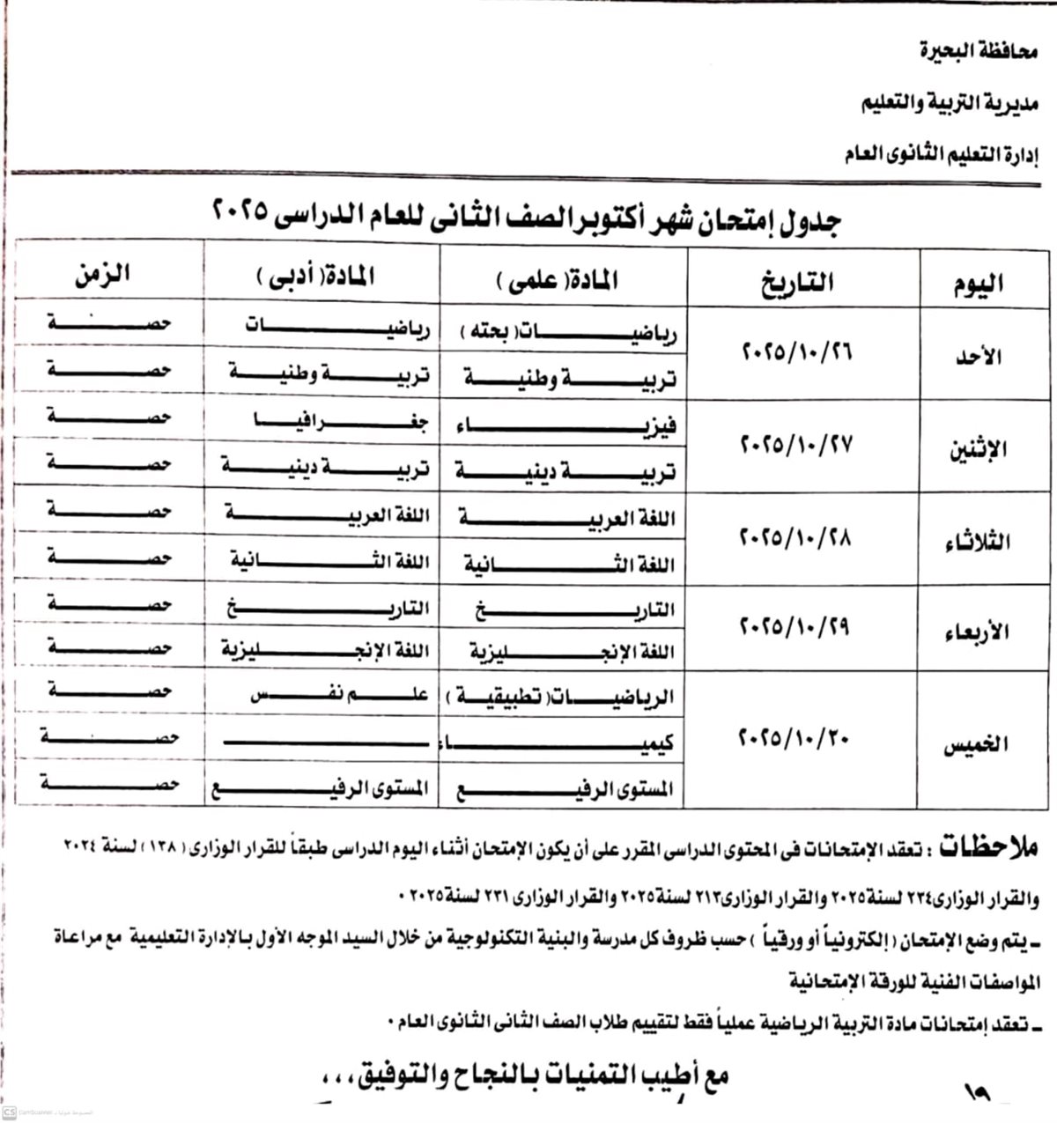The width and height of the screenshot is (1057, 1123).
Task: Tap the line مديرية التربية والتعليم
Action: click(x=949, y=104)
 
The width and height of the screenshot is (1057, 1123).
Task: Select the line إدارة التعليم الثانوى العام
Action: click(x=941, y=155)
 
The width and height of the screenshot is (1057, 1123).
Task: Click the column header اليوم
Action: click(x=978, y=284)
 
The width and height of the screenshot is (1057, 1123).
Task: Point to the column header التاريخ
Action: click(x=796, y=283)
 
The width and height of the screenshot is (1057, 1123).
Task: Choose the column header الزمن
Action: click(x=103, y=273)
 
